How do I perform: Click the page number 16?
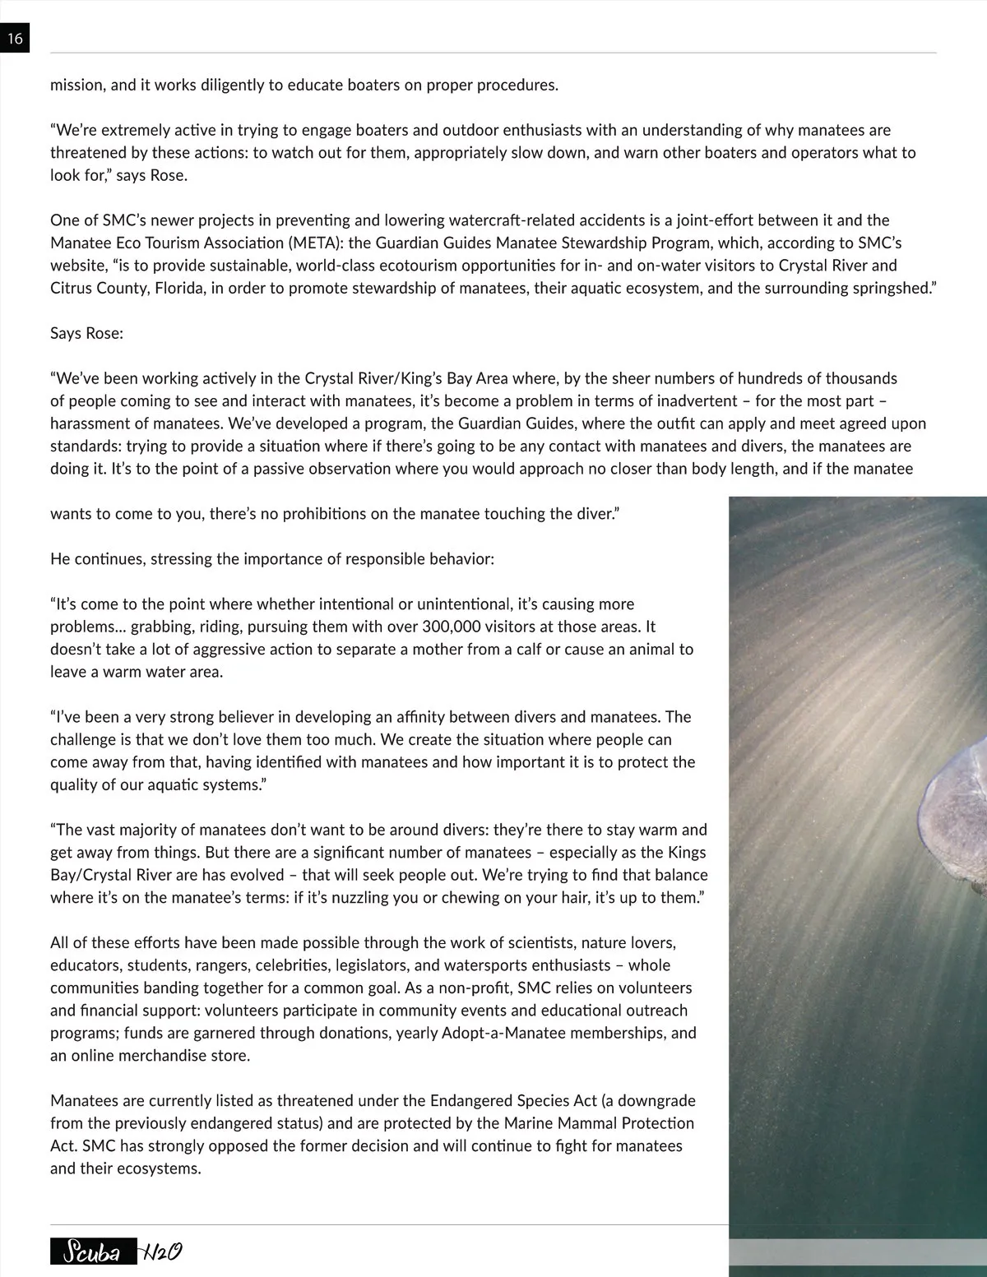[15, 38]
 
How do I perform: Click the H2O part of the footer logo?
[161, 1252]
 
